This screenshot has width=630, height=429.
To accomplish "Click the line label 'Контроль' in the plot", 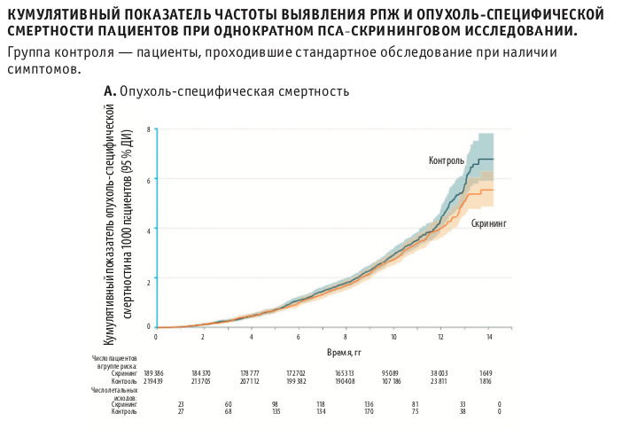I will [x=446, y=160].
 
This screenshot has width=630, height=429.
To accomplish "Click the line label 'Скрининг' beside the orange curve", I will [x=488, y=224].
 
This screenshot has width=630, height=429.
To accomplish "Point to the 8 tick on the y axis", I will [x=149, y=129].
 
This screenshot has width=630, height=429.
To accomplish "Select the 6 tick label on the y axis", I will [x=149, y=179].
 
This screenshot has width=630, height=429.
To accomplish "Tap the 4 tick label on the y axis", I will [x=149, y=229].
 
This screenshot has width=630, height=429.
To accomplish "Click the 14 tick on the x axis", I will [x=489, y=337].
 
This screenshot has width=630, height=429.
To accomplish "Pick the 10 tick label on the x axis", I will [x=393, y=337].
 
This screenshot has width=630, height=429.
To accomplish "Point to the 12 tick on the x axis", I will [x=441, y=337].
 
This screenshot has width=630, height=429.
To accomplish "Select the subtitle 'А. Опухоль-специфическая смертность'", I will [x=226, y=90].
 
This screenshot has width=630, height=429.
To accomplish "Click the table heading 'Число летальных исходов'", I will [x=114, y=393].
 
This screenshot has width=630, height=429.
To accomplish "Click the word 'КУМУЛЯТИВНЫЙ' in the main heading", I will [x=60, y=15].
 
